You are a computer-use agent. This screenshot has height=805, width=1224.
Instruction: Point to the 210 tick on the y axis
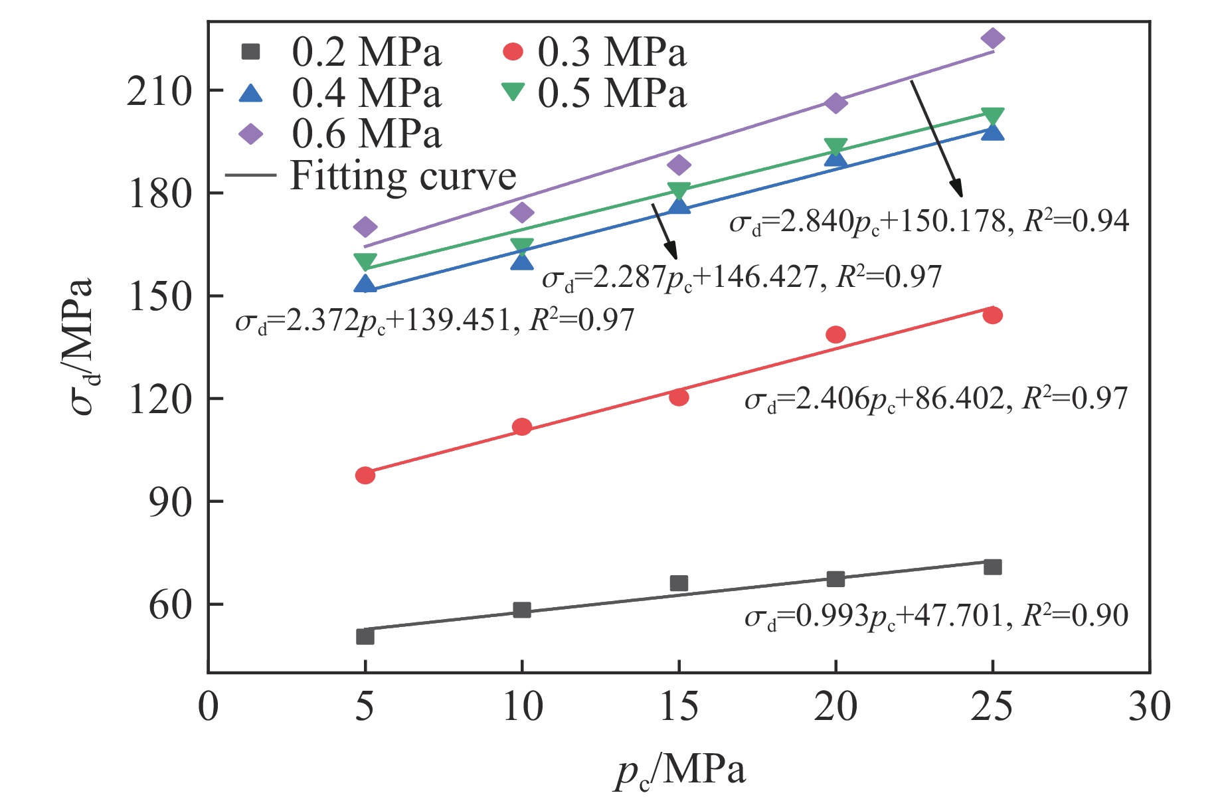tap(159, 91)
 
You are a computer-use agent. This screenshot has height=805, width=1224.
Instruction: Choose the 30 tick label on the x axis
tap(1150, 707)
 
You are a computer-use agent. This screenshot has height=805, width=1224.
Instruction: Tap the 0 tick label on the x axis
tap(209, 707)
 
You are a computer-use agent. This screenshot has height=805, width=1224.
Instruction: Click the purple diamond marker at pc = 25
tap(992, 38)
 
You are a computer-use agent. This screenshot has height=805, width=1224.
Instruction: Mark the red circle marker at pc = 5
tap(365, 475)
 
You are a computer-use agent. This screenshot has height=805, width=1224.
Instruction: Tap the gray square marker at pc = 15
tap(679, 583)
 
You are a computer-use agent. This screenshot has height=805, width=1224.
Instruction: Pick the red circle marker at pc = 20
tap(835, 334)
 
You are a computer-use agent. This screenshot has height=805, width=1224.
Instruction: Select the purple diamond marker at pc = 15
tap(679, 165)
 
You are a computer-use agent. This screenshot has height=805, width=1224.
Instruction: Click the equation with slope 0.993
tap(936, 616)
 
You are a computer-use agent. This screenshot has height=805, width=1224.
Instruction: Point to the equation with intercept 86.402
tap(936, 399)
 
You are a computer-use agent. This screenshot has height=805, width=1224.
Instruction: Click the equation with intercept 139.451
tap(435, 321)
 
